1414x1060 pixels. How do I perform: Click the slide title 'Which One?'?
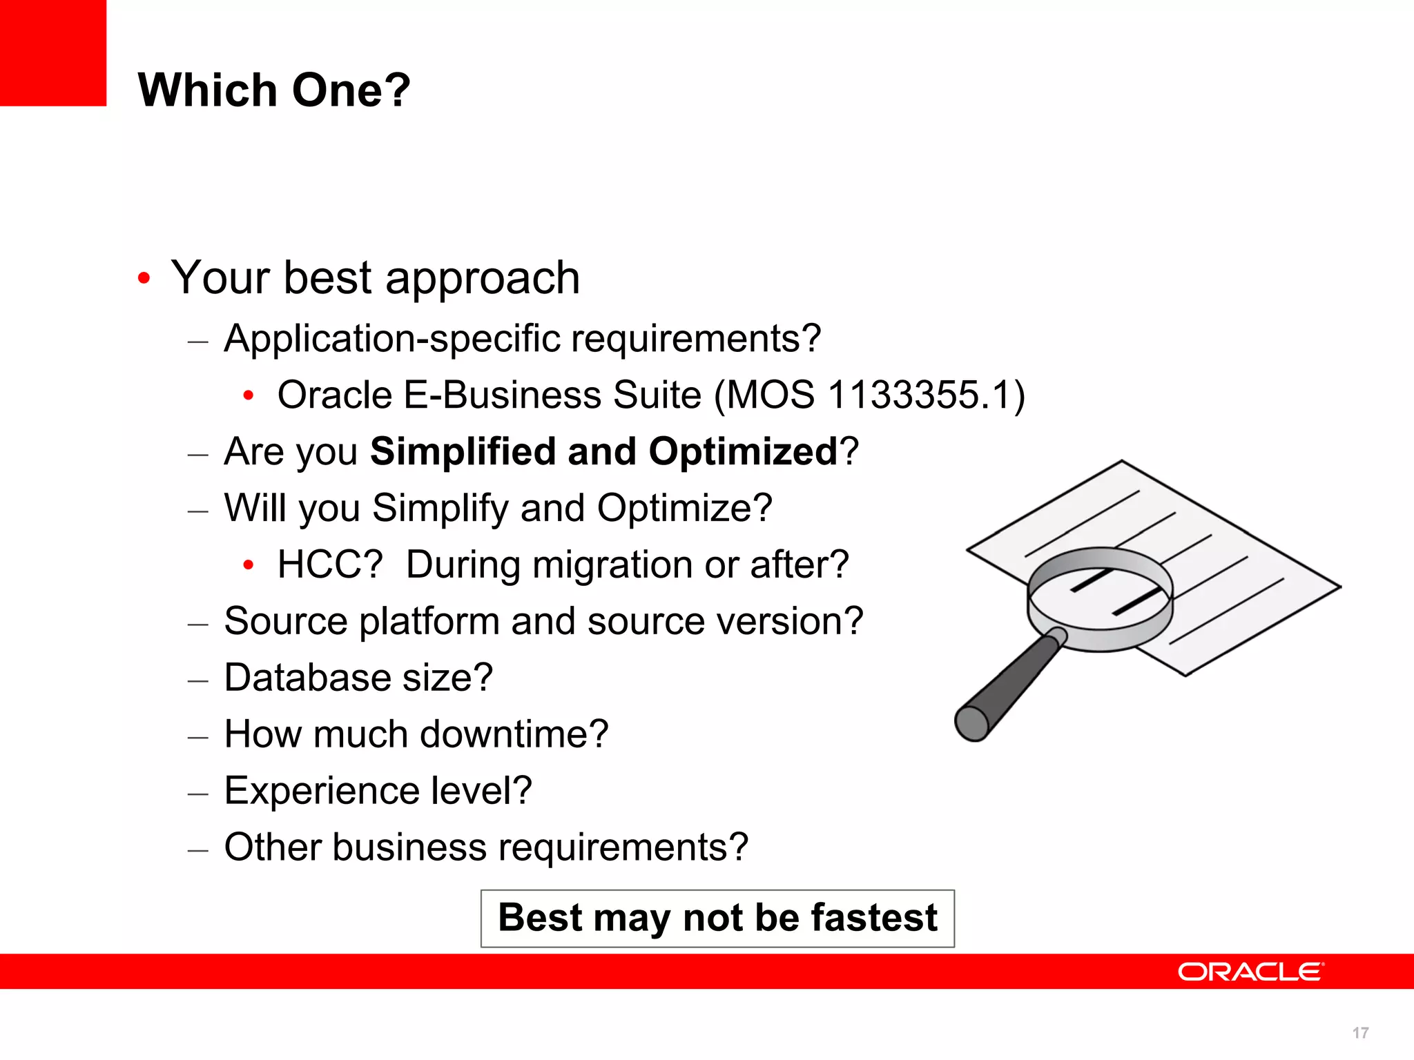point(274,90)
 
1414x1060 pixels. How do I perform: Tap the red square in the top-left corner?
point(52,52)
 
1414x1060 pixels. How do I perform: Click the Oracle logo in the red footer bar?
point(1250,972)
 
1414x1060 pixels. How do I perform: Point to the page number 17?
point(1360,1033)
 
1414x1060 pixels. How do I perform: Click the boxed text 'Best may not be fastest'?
point(717,919)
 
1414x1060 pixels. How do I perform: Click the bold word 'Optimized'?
point(743,452)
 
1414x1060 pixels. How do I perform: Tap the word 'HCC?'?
point(329,565)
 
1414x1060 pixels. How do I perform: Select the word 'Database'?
point(307,678)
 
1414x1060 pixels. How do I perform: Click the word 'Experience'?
point(322,791)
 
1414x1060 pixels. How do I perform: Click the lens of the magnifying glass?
point(1099,593)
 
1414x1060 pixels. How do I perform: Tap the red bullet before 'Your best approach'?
point(144,279)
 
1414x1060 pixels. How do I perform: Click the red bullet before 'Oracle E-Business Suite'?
point(249,396)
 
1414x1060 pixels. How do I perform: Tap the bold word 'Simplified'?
point(463,452)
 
